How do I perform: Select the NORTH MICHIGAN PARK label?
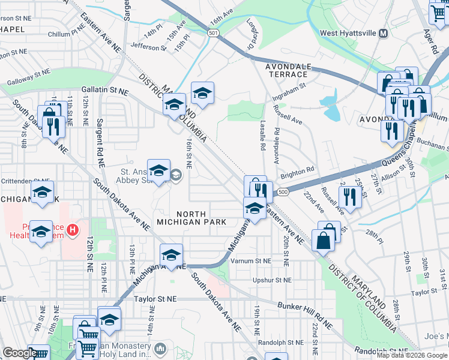191,218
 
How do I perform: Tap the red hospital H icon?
73,229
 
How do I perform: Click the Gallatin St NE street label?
110,90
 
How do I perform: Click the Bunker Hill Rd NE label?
305,316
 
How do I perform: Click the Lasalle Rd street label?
262,137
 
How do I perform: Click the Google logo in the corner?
19,353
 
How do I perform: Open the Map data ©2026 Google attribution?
412,355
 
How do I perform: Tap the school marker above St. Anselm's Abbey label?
159,171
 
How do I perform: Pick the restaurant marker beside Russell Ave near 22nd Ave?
349,196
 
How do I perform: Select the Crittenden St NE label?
25,180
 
